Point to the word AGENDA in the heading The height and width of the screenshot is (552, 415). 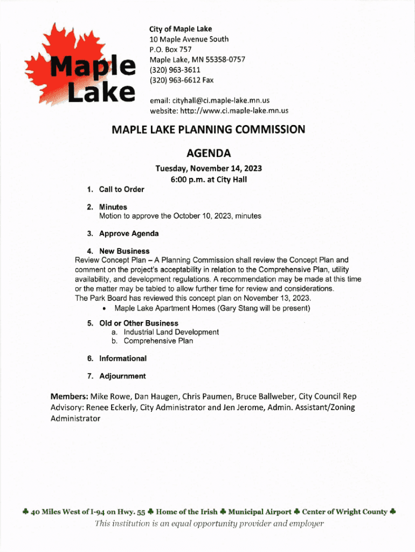(207, 153)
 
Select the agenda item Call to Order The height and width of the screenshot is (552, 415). (121, 189)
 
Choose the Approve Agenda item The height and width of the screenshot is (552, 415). (129, 233)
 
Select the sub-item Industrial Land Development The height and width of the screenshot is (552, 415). (171, 332)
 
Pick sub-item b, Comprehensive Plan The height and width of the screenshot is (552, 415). (158, 341)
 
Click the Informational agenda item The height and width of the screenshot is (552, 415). (122, 358)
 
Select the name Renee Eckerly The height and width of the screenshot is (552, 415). (111, 408)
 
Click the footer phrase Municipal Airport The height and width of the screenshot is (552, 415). (260, 512)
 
